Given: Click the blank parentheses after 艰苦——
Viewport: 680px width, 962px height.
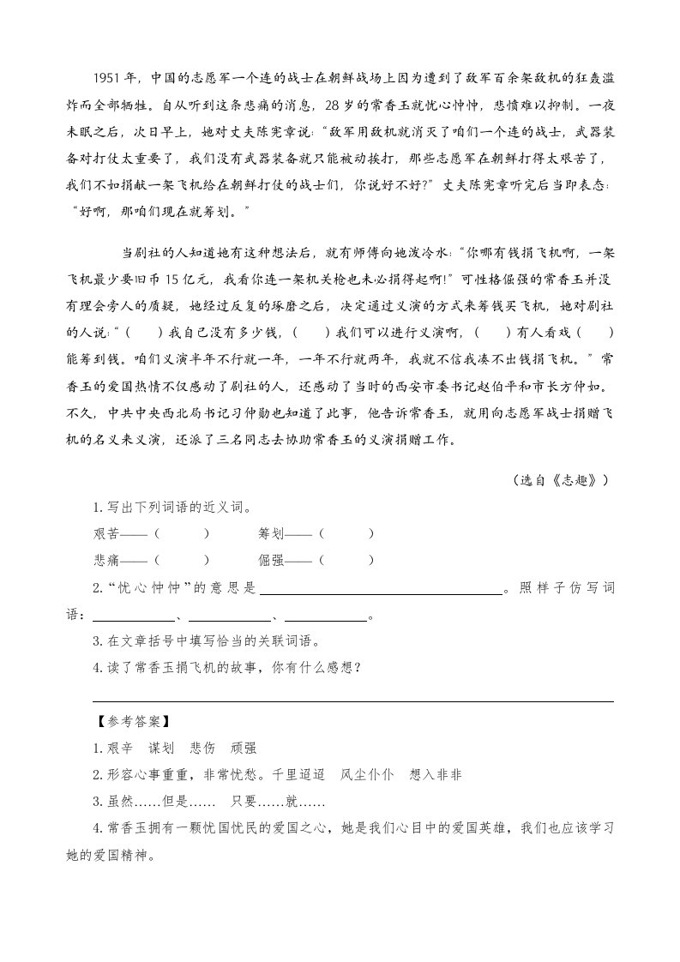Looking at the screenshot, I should [182, 533].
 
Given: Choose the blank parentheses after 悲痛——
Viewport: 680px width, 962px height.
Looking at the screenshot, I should [182, 560].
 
